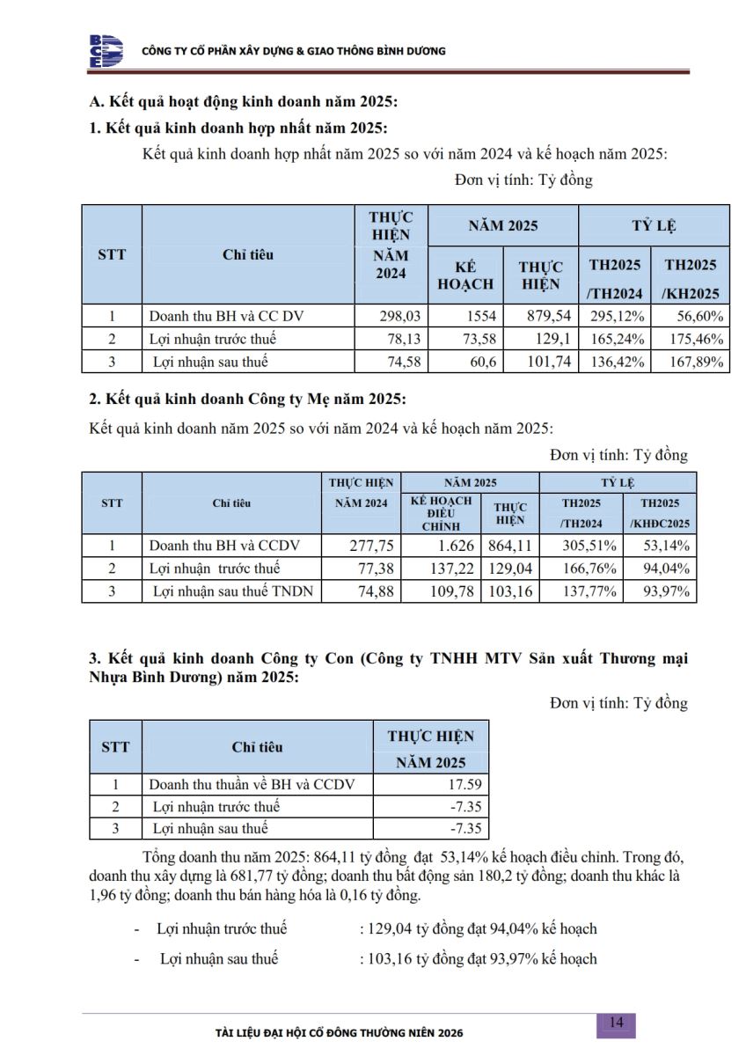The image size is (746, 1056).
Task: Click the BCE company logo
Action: coord(106,51)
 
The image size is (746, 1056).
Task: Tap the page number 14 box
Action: coord(616,1023)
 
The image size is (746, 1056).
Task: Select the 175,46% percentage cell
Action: coord(691,339)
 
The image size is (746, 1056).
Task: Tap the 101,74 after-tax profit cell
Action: coord(540,362)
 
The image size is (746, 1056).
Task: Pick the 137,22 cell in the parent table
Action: coord(441,568)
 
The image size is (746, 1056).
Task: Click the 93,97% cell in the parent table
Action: coord(661,591)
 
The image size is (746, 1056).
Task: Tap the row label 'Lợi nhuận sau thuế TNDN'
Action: coord(232,591)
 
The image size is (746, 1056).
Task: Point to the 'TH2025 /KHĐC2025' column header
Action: coord(661,513)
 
